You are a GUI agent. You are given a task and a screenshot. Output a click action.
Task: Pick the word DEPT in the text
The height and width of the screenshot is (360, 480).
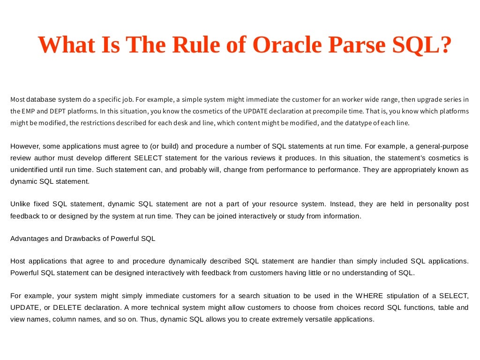click(x=52, y=111)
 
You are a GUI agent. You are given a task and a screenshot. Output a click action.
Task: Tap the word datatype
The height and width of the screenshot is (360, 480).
click(x=353, y=123)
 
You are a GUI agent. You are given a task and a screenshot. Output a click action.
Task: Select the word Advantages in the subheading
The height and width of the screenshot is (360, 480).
click(x=29, y=238)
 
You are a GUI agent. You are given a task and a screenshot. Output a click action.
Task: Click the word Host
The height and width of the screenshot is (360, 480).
click(x=18, y=261)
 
